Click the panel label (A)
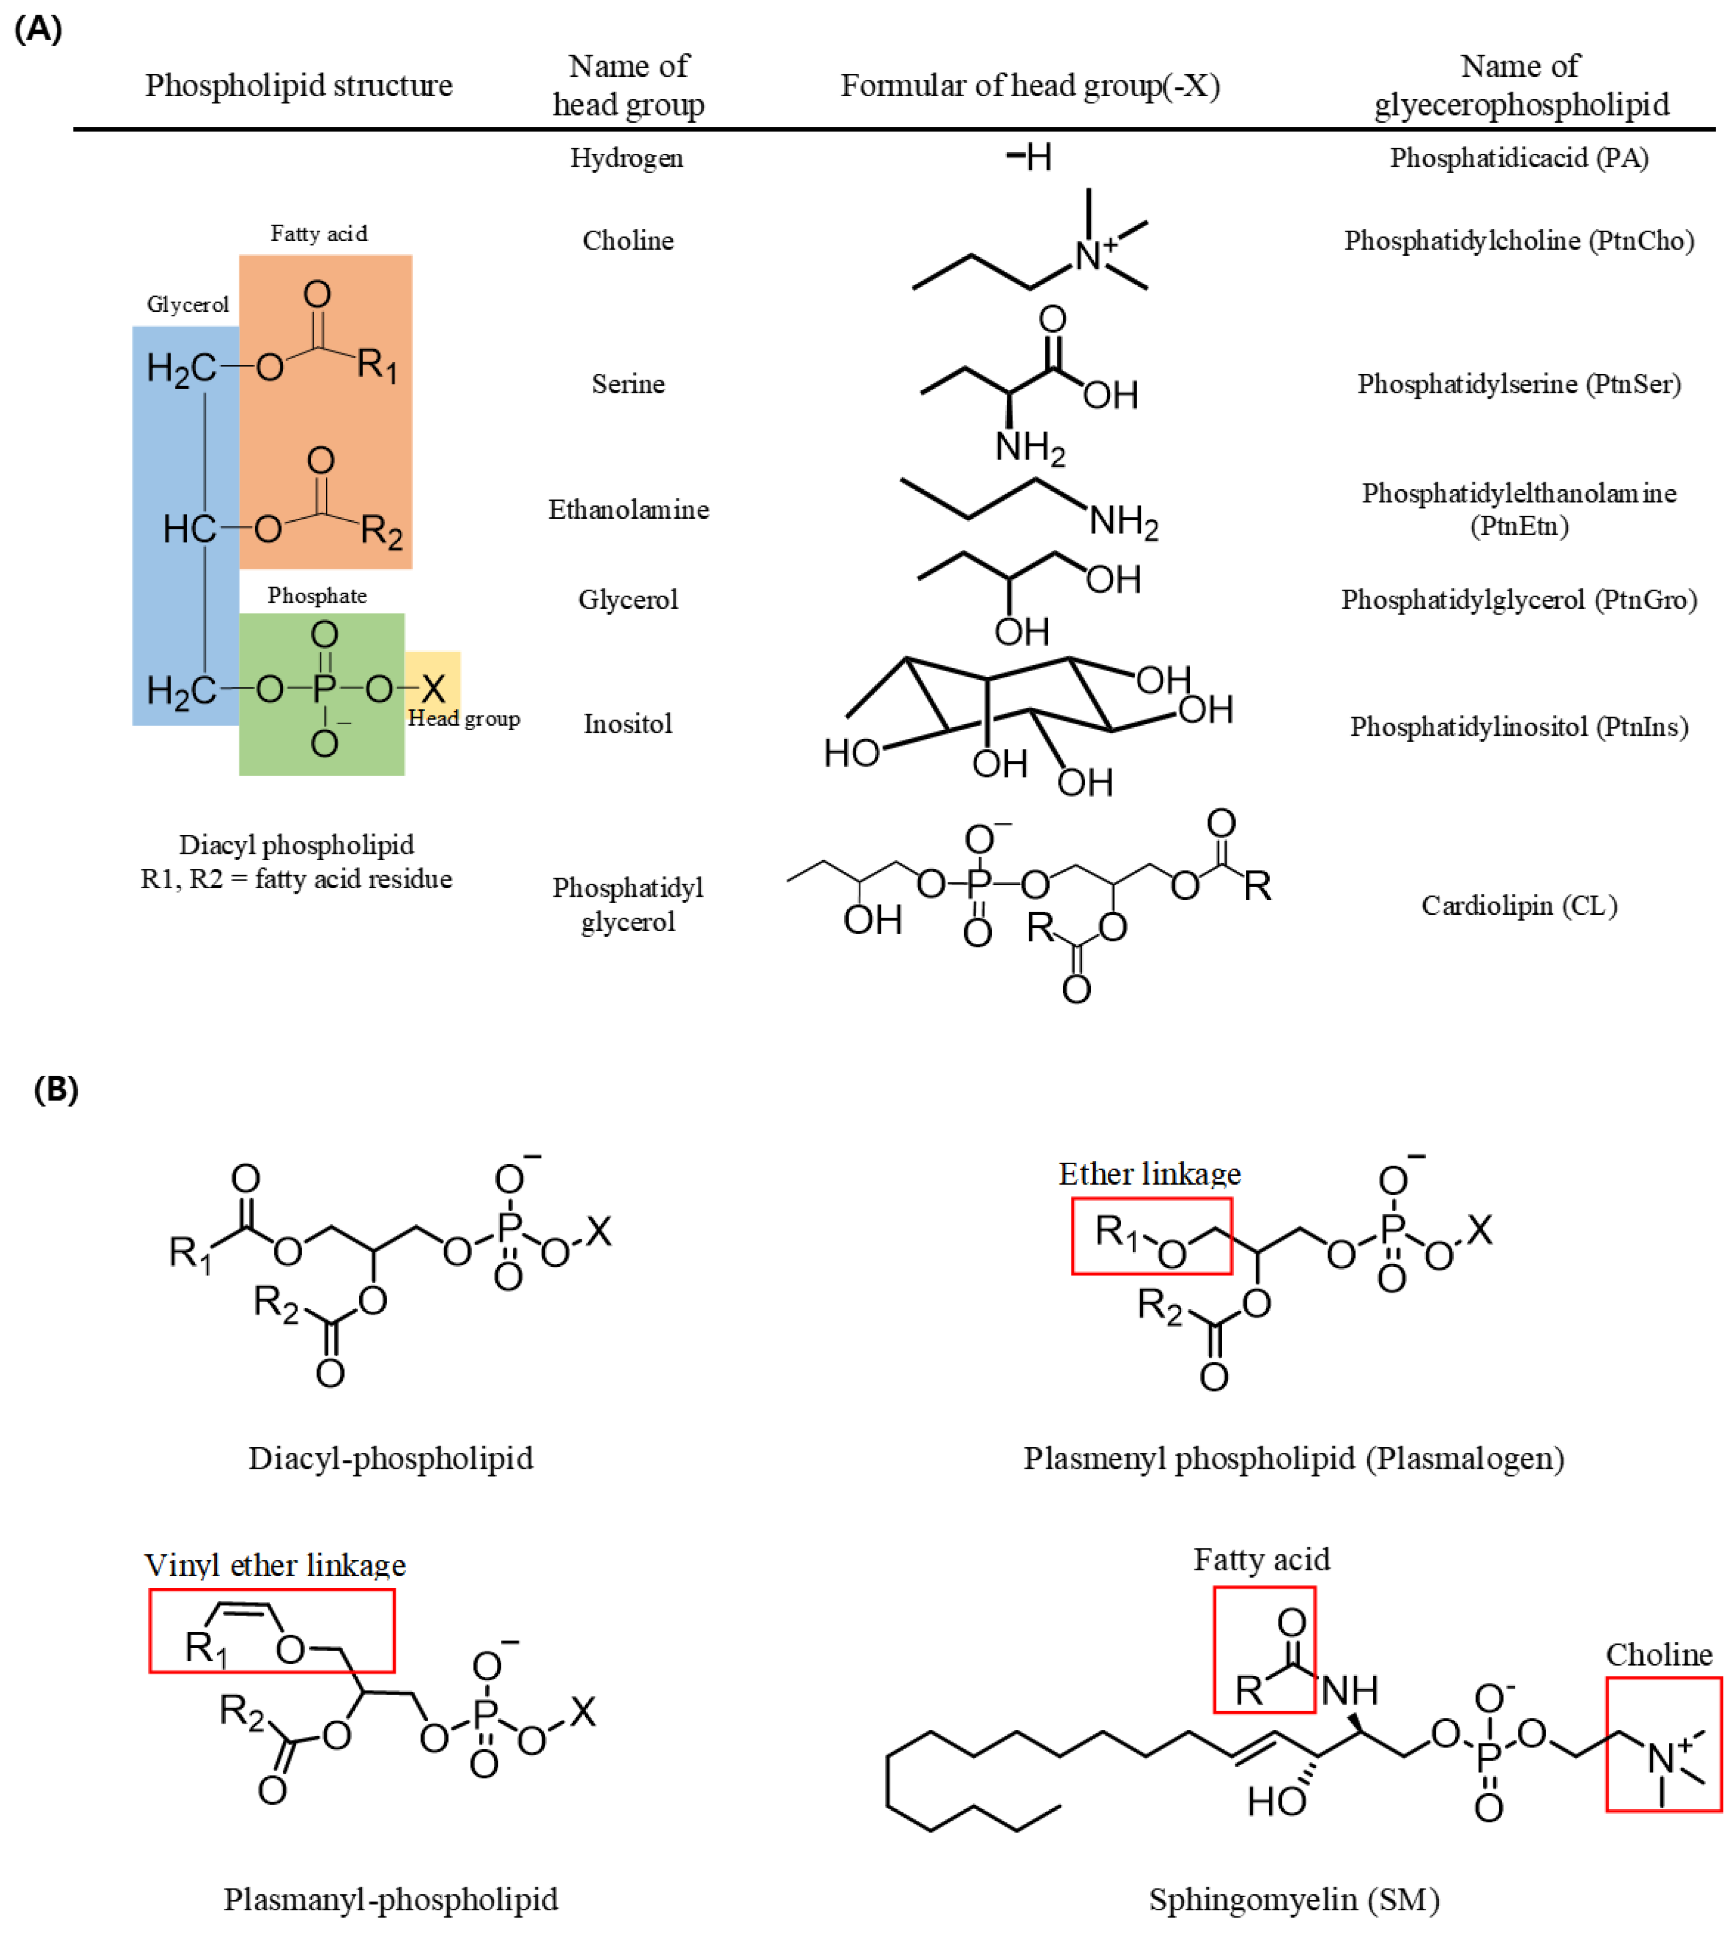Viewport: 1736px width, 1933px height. click(38, 29)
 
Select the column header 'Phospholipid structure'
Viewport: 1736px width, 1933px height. click(299, 85)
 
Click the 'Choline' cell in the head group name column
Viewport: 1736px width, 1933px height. click(628, 240)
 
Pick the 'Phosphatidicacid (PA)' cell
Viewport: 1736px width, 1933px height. click(1519, 158)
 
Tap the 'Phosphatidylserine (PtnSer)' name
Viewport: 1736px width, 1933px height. click(1519, 383)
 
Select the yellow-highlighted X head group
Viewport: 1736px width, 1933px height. click(433, 688)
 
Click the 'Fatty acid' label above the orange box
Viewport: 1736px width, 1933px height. click(318, 234)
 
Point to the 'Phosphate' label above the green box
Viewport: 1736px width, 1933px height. click(317, 595)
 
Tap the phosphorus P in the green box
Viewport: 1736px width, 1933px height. click(324, 688)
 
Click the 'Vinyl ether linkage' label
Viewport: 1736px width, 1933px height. click(275, 1565)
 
